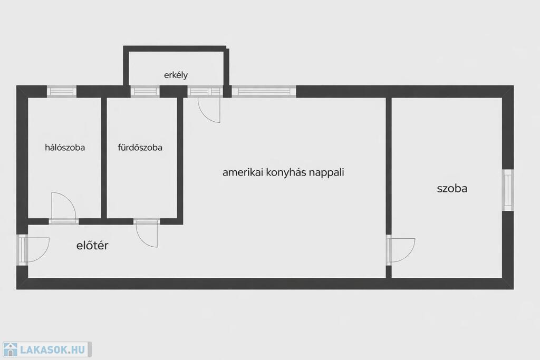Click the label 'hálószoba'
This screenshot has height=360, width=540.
point(65,148)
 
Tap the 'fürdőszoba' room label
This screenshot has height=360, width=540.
point(140,148)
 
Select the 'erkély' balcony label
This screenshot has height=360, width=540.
point(176,75)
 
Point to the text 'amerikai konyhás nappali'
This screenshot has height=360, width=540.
point(283,172)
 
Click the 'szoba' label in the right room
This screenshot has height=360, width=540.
point(452,188)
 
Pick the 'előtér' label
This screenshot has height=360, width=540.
point(92,245)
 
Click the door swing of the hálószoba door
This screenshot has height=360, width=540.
point(63,207)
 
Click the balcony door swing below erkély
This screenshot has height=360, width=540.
point(209,110)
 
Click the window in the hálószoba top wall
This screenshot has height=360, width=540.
point(62,91)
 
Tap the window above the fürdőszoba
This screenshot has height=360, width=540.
point(145,91)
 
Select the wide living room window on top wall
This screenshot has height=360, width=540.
point(264,91)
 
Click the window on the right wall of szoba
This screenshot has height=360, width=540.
point(507,190)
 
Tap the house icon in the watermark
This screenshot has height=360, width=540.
point(11,349)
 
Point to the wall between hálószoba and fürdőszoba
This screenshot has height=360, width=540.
point(104,158)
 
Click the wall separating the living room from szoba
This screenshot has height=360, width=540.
point(389,163)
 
